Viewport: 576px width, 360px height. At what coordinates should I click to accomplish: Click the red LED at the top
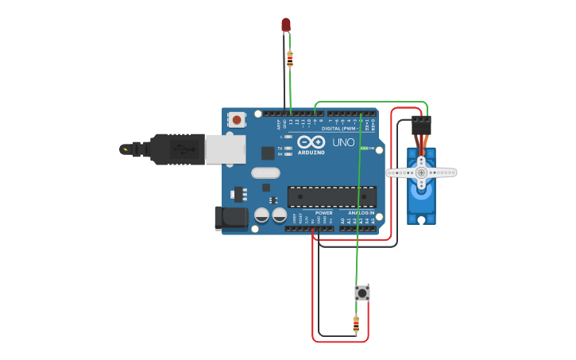tap(286, 25)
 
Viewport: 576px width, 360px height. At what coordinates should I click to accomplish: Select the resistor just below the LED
tap(289, 58)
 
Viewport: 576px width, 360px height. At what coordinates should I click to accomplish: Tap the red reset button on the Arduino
tap(237, 119)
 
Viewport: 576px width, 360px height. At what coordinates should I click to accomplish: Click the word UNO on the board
tap(343, 142)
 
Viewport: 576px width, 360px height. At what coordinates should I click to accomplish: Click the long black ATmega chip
tap(331, 195)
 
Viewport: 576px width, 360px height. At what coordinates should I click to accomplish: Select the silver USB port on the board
tap(226, 149)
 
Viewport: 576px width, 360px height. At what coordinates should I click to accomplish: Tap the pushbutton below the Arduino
tap(362, 292)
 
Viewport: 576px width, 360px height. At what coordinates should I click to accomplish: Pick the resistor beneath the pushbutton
tap(355, 324)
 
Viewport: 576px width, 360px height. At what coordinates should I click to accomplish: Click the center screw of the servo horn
tap(421, 172)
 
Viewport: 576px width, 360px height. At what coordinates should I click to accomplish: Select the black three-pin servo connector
tap(421, 125)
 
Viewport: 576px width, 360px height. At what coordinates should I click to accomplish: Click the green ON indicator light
tap(364, 149)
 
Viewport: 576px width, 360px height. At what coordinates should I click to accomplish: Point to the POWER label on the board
tap(323, 213)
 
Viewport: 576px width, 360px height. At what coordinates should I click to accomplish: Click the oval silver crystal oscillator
tap(266, 172)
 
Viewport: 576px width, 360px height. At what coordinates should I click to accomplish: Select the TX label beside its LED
tap(281, 147)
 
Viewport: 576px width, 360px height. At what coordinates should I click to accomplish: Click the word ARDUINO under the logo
tap(312, 152)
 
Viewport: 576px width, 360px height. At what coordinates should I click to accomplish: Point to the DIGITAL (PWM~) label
tap(342, 128)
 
